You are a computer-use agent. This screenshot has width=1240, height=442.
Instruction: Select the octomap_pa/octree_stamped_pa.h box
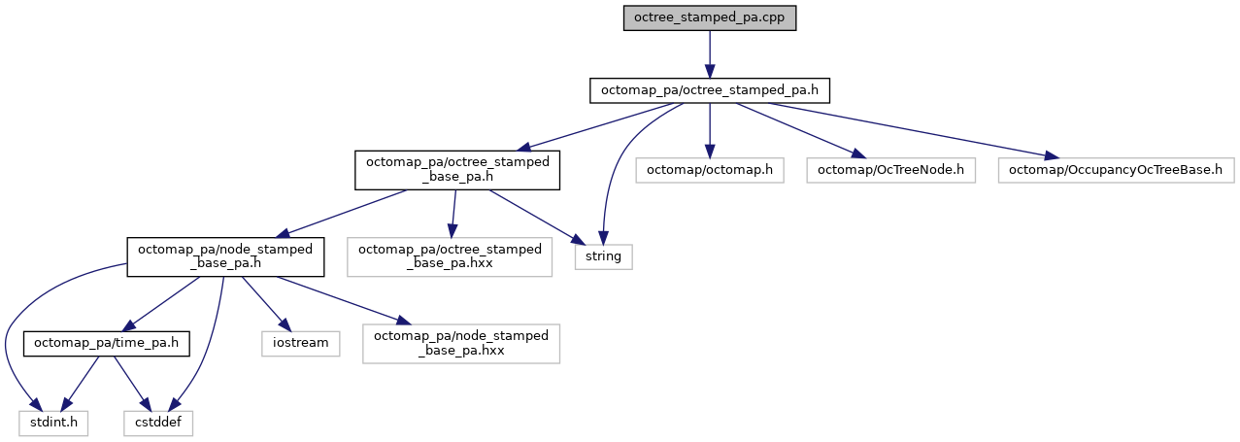coord(709,90)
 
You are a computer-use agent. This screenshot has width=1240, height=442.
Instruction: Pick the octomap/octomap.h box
coord(709,170)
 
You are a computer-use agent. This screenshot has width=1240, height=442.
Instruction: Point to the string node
coord(603,256)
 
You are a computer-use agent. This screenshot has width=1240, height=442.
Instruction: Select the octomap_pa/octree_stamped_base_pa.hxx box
coord(451,256)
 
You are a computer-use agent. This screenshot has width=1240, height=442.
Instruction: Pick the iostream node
coord(300,343)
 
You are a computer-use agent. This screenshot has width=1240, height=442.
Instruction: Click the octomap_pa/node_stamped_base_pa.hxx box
coord(461,343)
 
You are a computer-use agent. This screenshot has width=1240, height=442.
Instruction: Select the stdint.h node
coord(53,423)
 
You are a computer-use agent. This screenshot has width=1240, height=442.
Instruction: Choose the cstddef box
coord(158,423)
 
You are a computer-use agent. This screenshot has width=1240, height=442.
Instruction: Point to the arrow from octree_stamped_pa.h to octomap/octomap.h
coord(709,130)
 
